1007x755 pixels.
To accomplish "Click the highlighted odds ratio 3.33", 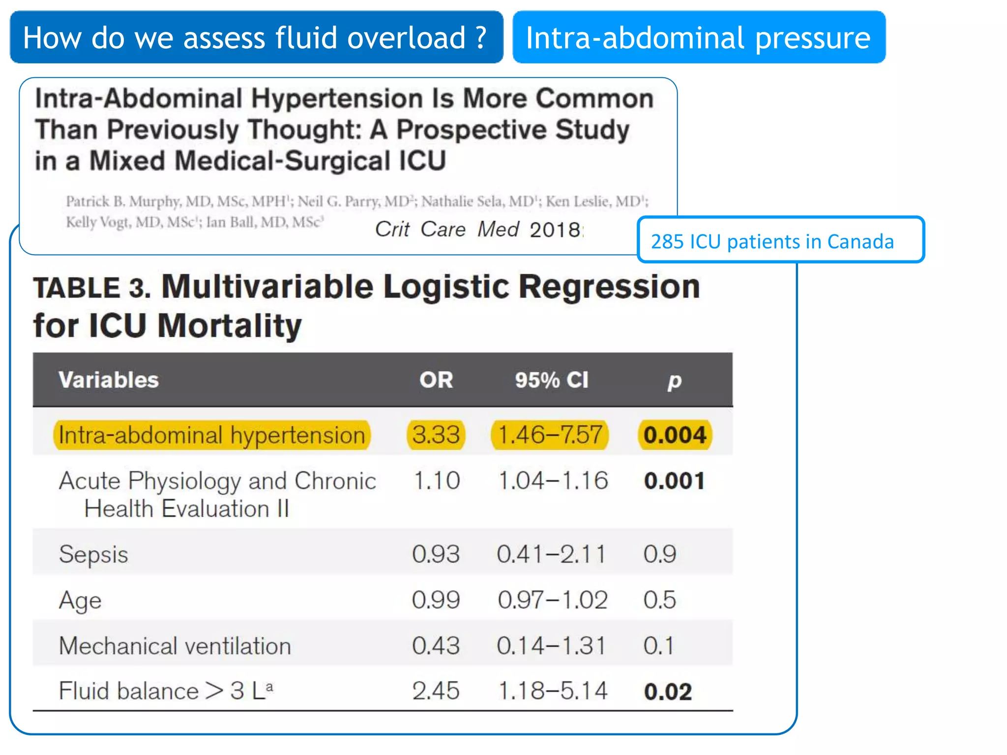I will [x=436, y=435].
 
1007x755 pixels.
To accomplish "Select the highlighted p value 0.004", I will [x=675, y=435].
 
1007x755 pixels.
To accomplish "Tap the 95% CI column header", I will [x=551, y=380].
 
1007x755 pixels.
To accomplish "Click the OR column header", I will [x=436, y=380].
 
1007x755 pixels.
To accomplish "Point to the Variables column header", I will [x=109, y=380].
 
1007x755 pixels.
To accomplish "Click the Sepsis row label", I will [x=93, y=554].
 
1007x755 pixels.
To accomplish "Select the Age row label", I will [x=80, y=600].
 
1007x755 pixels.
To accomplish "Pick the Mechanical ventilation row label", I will [x=175, y=646].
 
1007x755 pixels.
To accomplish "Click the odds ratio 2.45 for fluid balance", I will [x=436, y=691].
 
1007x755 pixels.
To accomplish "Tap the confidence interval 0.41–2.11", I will [x=551, y=554].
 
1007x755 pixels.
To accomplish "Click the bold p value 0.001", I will [x=674, y=481].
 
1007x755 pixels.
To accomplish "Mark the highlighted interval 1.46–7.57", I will [x=550, y=435].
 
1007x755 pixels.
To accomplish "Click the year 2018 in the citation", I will [x=555, y=230].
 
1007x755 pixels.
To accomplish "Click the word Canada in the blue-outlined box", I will [x=860, y=242].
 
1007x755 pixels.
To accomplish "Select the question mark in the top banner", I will [x=481, y=38].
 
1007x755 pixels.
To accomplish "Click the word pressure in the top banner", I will [x=812, y=38].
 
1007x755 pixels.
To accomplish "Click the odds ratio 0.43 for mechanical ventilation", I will [x=436, y=646].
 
